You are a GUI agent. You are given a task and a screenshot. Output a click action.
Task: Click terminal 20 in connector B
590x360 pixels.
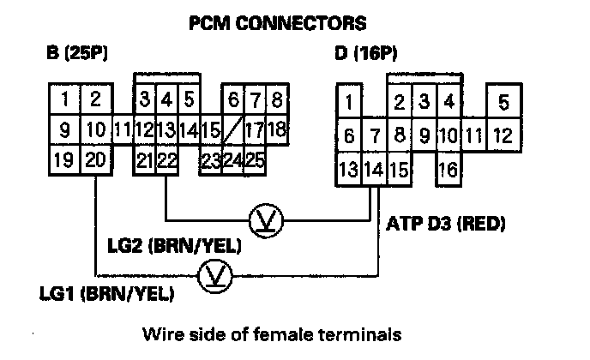point(96,160)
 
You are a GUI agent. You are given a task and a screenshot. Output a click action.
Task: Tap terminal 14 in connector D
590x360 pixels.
point(373,168)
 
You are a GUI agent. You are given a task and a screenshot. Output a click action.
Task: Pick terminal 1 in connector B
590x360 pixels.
point(65,100)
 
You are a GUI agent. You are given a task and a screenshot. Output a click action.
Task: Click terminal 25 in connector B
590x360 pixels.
point(254,160)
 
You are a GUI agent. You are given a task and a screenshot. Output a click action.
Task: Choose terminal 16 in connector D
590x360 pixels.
point(448,168)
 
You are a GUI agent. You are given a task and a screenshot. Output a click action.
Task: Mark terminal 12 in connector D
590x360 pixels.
point(503,135)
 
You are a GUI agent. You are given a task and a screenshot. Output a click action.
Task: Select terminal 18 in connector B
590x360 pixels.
point(276,131)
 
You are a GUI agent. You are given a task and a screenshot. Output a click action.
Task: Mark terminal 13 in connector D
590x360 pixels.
point(349,168)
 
